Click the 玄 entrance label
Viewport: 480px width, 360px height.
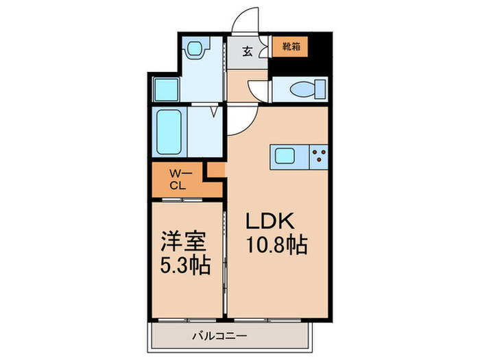(x=248, y=50)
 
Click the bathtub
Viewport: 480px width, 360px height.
(x=168, y=132)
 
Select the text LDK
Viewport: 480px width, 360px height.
(x=271, y=222)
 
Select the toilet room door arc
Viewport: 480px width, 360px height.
(x=258, y=93)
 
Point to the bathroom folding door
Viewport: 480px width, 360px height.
(x=215, y=110)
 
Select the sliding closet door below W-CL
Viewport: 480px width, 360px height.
(x=182, y=200)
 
